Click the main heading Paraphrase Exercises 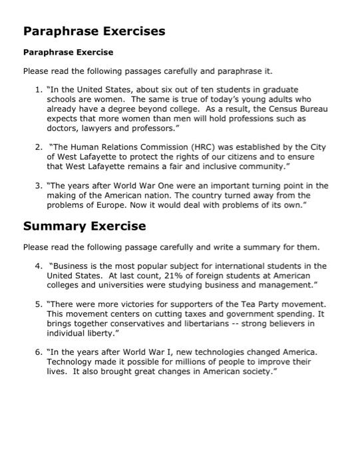click(94, 31)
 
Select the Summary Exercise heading click(85, 226)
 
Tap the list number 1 click(37, 89)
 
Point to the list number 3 click(37, 186)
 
